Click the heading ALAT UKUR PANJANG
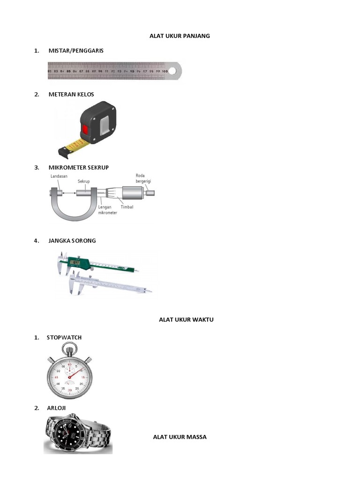pos(180,36)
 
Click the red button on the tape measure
pos(85,130)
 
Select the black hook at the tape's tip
pos(62,151)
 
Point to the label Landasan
pos(58,177)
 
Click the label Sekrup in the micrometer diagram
pos(84,180)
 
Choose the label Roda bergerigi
pos(143,179)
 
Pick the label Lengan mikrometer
pos(108,209)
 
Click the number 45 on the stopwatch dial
pos(57,377)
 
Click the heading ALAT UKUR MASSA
pos(180,437)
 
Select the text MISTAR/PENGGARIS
pos(75,50)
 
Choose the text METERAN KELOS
pos(71,94)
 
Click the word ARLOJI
pos(56,408)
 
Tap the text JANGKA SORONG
pos(72,240)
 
